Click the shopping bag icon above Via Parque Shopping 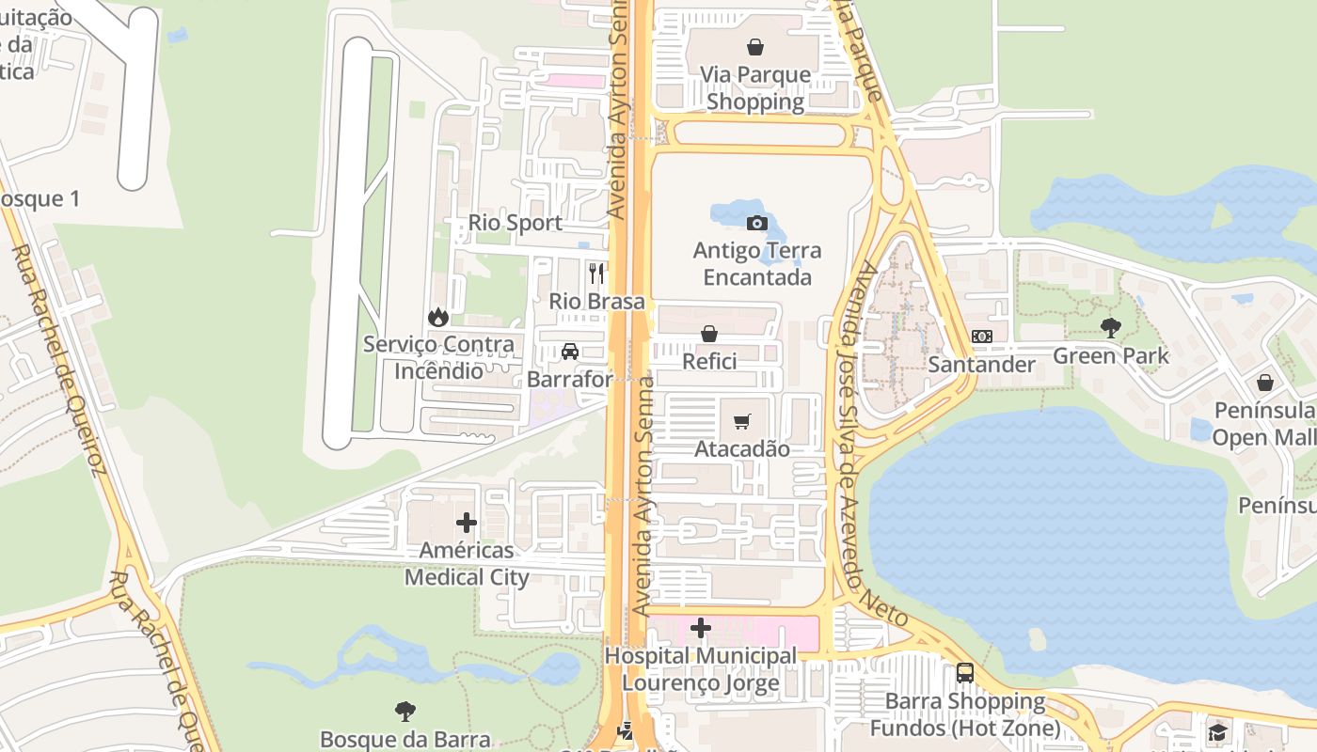(754, 46)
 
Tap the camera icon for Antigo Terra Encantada (756, 223)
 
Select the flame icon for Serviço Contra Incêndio (437, 317)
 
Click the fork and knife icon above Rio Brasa (596, 274)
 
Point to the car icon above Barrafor (569, 352)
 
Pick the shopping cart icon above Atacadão (742, 421)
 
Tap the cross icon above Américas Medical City (467, 523)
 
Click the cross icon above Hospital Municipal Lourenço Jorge (700, 628)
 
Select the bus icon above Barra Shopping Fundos (964, 673)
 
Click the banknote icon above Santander (981, 337)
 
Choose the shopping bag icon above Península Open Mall (1264, 383)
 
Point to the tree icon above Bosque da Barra (405, 711)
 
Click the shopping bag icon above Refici (709, 334)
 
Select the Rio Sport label (516, 223)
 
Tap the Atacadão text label (741, 449)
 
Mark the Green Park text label (1110, 355)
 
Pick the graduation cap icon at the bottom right (1218, 731)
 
